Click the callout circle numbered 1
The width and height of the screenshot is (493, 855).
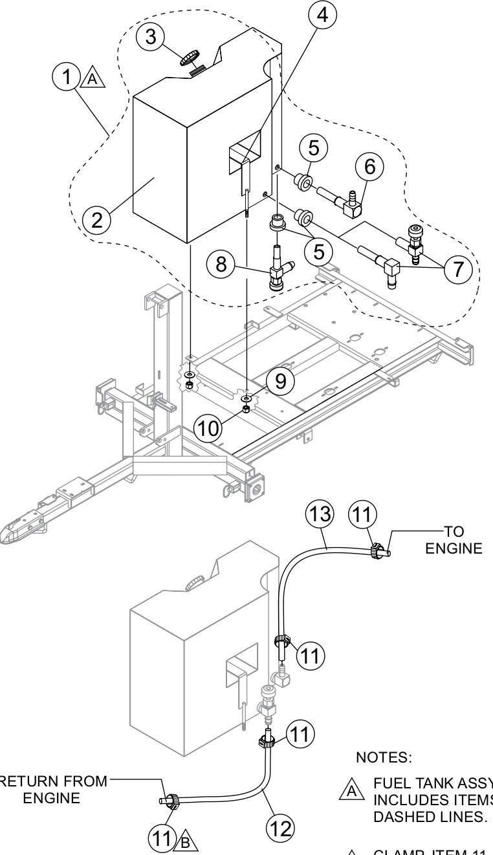[x=65, y=77]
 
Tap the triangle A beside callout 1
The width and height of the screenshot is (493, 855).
[x=91, y=78]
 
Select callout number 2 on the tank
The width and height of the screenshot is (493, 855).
[x=96, y=219]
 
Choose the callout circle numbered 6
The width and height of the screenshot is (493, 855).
[x=369, y=166]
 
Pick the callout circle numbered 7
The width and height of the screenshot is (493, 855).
[x=457, y=268]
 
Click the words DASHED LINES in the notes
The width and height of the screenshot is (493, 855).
[x=414, y=816]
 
